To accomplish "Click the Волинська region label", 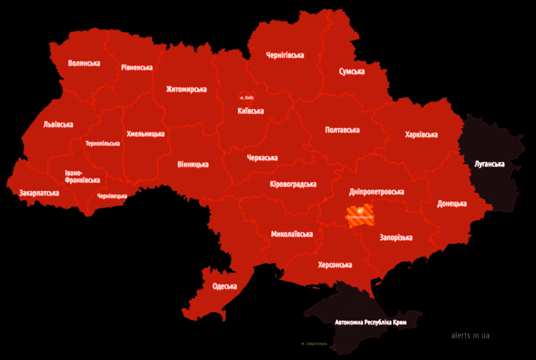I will pyautogui.click(x=84, y=63).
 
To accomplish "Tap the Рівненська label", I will pyautogui.click(x=137, y=67).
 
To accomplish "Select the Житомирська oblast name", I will pyautogui.click(x=186, y=90).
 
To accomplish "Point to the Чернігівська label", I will pyautogui.click(x=284, y=55).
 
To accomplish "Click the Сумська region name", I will pyautogui.click(x=352, y=71).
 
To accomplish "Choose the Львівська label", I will pyautogui.click(x=58, y=124).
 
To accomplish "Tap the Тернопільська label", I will pyautogui.click(x=103, y=143).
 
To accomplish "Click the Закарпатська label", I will pyautogui.click(x=39, y=193).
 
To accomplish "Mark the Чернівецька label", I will pyautogui.click(x=112, y=195).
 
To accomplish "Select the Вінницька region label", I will pyautogui.click(x=193, y=164).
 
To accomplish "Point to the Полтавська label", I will pyautogui.click(x=342, y=130).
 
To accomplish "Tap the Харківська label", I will pyautogui.click(x=421, y=134).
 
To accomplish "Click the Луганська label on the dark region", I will pyautogui.click(x=489, y=163).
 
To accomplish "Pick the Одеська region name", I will pyautogui.click(x=225, y=286).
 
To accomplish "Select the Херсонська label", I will pyautogui.click(x=335, y=265).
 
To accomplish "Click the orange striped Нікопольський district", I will pyautogui.click(x=360, y=215).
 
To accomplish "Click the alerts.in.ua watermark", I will pyautogui.click(x=470, y=335).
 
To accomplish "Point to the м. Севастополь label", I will pyautogui.click(x=314, y=344).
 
